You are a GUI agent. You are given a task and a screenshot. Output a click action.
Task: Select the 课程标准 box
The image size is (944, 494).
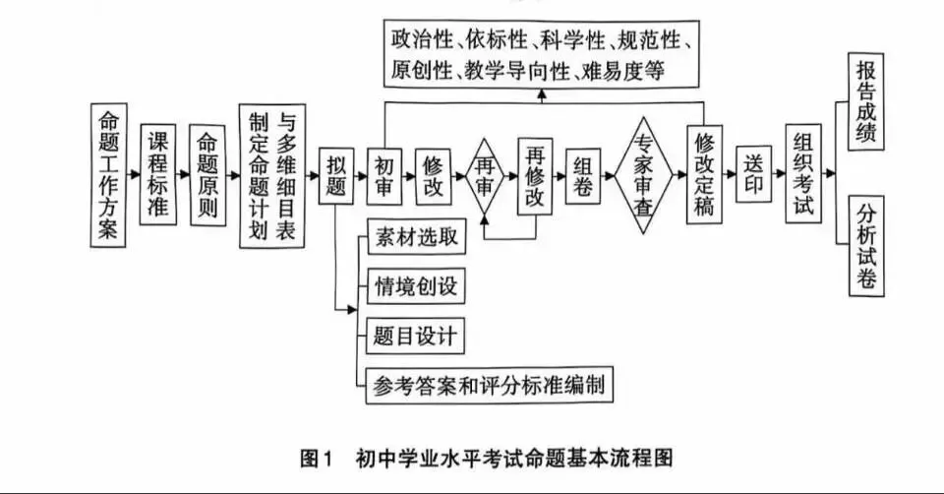(158, 174)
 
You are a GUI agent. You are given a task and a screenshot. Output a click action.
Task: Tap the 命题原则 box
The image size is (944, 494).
(206, 175)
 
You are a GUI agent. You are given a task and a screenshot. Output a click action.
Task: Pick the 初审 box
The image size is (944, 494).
(384, 176)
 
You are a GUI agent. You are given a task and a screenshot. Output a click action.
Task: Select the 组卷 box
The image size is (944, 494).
(584, 176)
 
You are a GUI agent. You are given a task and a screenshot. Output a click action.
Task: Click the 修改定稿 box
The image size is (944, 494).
(703, 175)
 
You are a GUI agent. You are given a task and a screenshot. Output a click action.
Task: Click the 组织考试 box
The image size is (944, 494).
(803, 175)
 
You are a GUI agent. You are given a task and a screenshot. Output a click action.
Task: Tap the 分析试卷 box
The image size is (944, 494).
(866, 246)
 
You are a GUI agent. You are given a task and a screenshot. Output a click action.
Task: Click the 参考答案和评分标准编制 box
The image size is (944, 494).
(489, 385)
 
